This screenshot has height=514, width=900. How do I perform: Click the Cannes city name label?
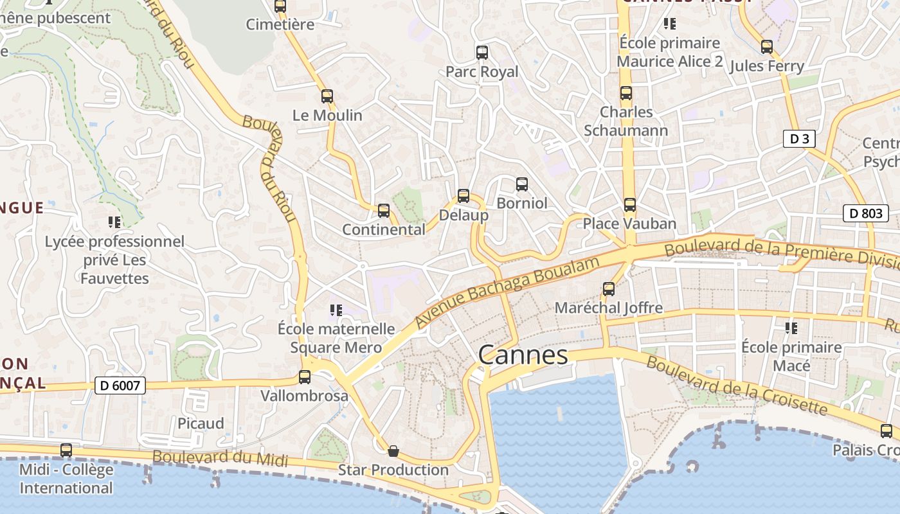[x=523, y=355]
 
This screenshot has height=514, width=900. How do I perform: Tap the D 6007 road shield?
[x=120, y=385]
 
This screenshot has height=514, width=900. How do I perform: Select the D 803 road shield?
[x=866, y=213]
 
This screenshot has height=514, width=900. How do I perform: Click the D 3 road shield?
[x=799, y=139]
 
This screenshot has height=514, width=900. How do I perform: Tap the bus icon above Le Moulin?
[x=327, y=96]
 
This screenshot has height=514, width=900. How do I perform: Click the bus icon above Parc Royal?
[x=482, y=53]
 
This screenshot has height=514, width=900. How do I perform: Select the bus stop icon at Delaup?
[x=464, y=196]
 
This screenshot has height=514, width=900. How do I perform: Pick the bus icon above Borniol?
[x=522, y=184]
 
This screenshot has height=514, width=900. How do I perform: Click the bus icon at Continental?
[x=384, y=210]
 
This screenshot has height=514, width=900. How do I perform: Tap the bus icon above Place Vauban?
[x=630, y=205]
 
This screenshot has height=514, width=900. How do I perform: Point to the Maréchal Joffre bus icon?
[x=609, y=289]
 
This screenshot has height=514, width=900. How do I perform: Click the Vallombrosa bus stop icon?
[x=305, y=377]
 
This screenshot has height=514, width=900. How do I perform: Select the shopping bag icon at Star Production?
[x=393, y=451]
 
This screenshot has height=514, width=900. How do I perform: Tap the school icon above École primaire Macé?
[x=791, y=328]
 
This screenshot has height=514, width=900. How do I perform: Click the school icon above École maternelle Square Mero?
[x=336, y=310]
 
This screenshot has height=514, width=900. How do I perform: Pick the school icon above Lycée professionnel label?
[x=114, y=223]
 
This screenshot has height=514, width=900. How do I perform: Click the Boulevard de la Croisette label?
[x=737, y=385]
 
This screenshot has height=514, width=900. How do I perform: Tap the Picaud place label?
[x=201, y=423]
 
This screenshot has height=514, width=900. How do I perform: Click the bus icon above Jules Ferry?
[x=766, y=47]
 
